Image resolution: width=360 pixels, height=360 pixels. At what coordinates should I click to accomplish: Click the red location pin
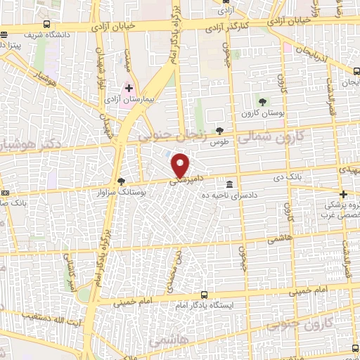[181, 165]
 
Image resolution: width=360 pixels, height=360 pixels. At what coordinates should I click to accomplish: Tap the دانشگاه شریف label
[49, 34]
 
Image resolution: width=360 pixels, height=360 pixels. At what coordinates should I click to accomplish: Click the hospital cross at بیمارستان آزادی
[129, 89]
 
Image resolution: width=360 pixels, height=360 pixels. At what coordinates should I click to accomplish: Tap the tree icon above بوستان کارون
[263, 103]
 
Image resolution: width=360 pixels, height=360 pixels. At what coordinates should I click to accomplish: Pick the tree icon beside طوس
[220, 130]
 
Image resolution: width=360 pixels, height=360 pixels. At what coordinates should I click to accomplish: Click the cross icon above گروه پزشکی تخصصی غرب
[343, 195]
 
